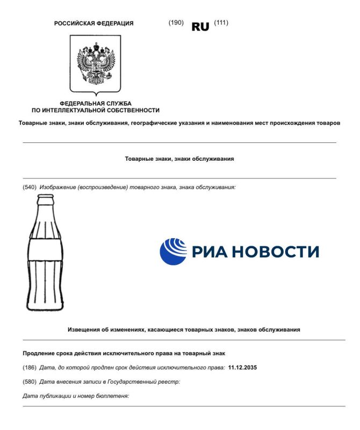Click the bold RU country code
(200, 27)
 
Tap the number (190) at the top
(176, 23)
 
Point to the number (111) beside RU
(221, 23)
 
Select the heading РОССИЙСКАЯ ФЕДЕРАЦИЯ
(94, 23)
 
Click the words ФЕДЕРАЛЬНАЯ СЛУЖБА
(96, 103)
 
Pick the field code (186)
(29, 368)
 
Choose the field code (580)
(29, 382)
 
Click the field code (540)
(29, 187)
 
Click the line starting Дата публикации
(76, 396)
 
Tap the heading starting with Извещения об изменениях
(183, 329)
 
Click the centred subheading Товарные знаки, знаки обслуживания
(179, 159)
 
